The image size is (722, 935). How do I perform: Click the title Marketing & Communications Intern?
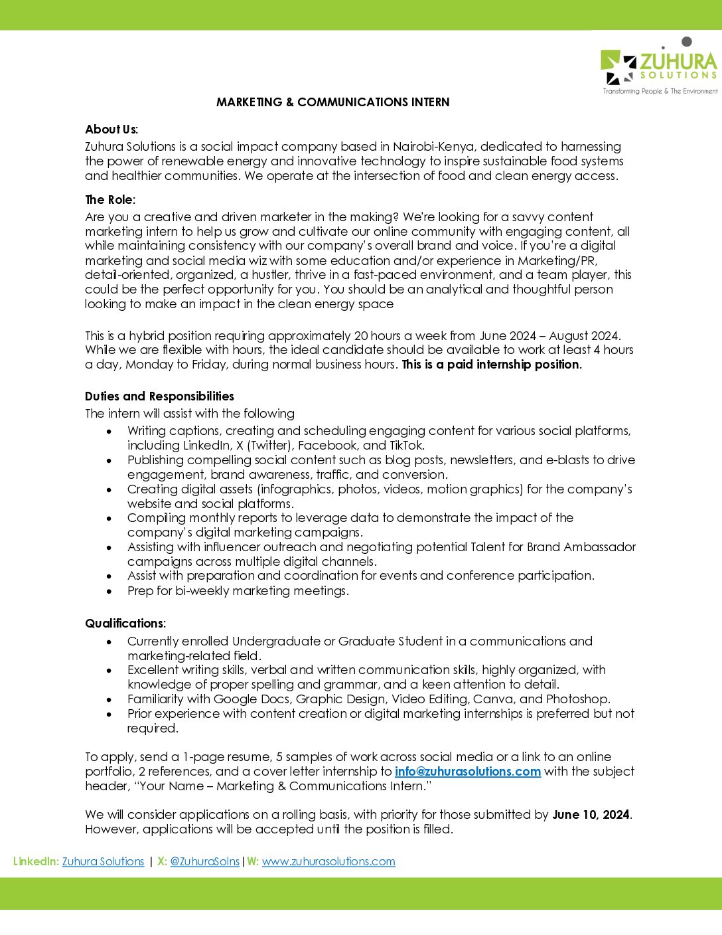point(332,102)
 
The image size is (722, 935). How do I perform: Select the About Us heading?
point(111,129)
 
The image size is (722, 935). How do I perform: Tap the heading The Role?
point(109,200)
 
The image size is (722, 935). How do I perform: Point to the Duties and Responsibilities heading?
point(159,396)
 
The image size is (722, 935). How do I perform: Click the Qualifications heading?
point(125,624)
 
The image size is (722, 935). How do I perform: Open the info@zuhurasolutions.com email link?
point(467,772)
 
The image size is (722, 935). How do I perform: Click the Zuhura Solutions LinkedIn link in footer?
point(103,862)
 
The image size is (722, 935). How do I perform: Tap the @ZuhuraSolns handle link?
point(204,862)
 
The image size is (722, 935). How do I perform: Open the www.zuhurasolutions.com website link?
point(328,862)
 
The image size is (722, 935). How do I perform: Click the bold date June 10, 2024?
point(591,815)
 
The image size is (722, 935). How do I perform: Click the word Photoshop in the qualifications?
point(577,699)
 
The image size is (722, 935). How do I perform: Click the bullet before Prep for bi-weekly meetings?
point(109,592)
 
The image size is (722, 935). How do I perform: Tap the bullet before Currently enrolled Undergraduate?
point(109,642)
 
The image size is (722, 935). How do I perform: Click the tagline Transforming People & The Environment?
point(660,92)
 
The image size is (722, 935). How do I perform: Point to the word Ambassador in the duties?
point(599,547)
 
